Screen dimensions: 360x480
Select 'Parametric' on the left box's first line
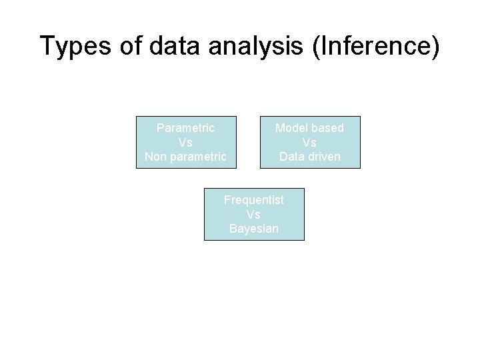(185, 127)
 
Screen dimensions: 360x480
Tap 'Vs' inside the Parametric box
(185, 143)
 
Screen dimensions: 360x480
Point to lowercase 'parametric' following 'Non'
(198, 157)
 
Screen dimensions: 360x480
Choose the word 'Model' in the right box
(291, 127)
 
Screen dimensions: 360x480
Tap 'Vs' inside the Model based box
(309, 143)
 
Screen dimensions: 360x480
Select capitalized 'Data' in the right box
(291, 157)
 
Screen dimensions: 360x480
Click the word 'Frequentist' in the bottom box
(253, 200)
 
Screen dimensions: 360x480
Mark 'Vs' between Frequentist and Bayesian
(253, 215)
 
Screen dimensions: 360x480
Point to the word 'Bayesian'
(253, 229)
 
